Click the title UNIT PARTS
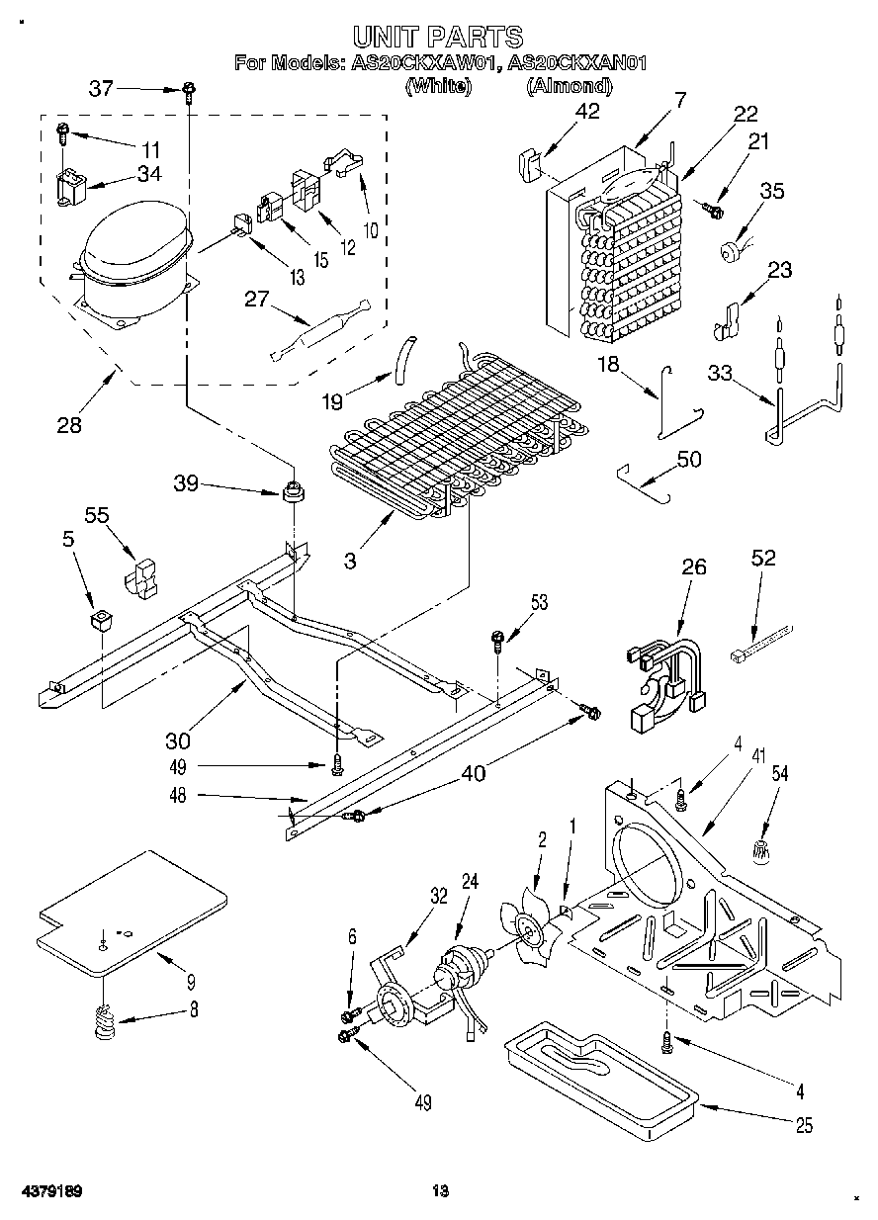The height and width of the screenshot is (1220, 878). tap(438, 38)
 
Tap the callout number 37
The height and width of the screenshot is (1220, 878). tap(101, 88)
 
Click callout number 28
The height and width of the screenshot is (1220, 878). tap(68, 425)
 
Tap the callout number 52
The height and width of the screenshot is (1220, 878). tap(763, 559)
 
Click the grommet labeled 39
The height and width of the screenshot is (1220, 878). tap(293, 489)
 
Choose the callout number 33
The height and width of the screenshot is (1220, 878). tap(723, 373)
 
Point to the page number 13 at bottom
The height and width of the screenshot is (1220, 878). tap(440, 1190)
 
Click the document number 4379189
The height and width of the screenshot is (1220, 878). tap(48, 1190)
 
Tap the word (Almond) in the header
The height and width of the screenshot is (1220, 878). tap(569, 86)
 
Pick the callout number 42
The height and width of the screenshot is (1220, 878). tap(587, 112)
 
